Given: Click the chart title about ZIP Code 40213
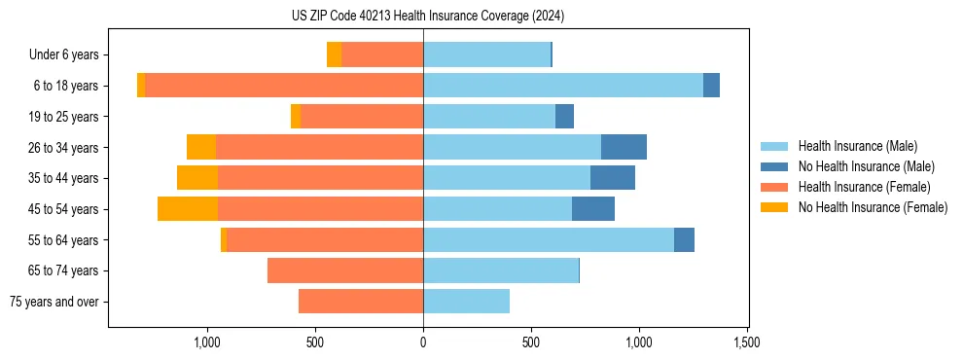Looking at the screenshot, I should pos(428,17).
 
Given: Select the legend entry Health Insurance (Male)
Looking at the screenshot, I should pos(857,146).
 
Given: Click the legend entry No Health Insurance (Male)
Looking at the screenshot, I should pos(866,166).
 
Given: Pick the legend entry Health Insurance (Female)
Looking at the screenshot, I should pos(864,187).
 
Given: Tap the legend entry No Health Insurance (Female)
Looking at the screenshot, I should pos(873,207).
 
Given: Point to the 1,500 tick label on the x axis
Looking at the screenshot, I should pos(746,343).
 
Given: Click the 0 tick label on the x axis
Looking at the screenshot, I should pos(423,343).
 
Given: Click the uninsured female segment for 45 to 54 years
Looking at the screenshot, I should pos(188,209).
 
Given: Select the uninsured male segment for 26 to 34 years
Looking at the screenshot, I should pos(624,147).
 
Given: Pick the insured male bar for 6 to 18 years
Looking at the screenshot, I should pos(563,86).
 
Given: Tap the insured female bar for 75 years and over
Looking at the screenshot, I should pos(361,302).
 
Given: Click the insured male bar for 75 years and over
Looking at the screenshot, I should pos(466,302).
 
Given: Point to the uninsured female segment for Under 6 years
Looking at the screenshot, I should pos(334,55).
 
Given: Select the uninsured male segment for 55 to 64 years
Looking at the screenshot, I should pos(684,239).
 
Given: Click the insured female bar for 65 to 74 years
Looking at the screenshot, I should pos(345,270).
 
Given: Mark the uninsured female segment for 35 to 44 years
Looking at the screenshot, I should pos(197,178).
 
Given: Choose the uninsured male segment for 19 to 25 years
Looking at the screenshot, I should pos(564,117).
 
